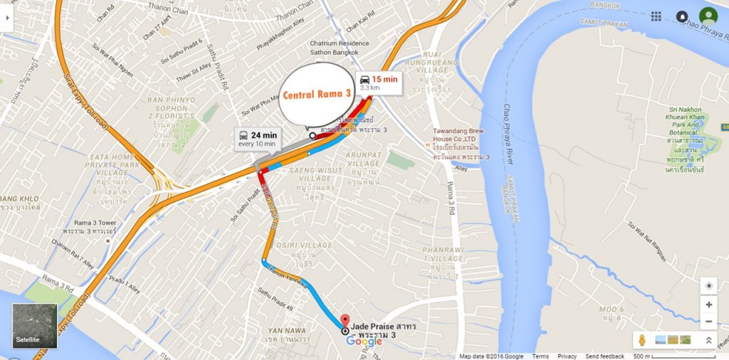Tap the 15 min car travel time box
[x=378, y=83]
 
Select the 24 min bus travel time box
[x=258, y=139]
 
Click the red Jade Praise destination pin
[x=345, y=321]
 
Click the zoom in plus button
[x=708, y=305]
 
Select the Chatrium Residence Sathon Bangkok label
[x=340, y=48]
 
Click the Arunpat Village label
[x=364, y=159]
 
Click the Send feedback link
[x=605, y=356]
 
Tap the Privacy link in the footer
[x=567, y=356]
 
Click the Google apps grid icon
[x=656, y=16]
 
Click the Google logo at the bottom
[x=364, y=342]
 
